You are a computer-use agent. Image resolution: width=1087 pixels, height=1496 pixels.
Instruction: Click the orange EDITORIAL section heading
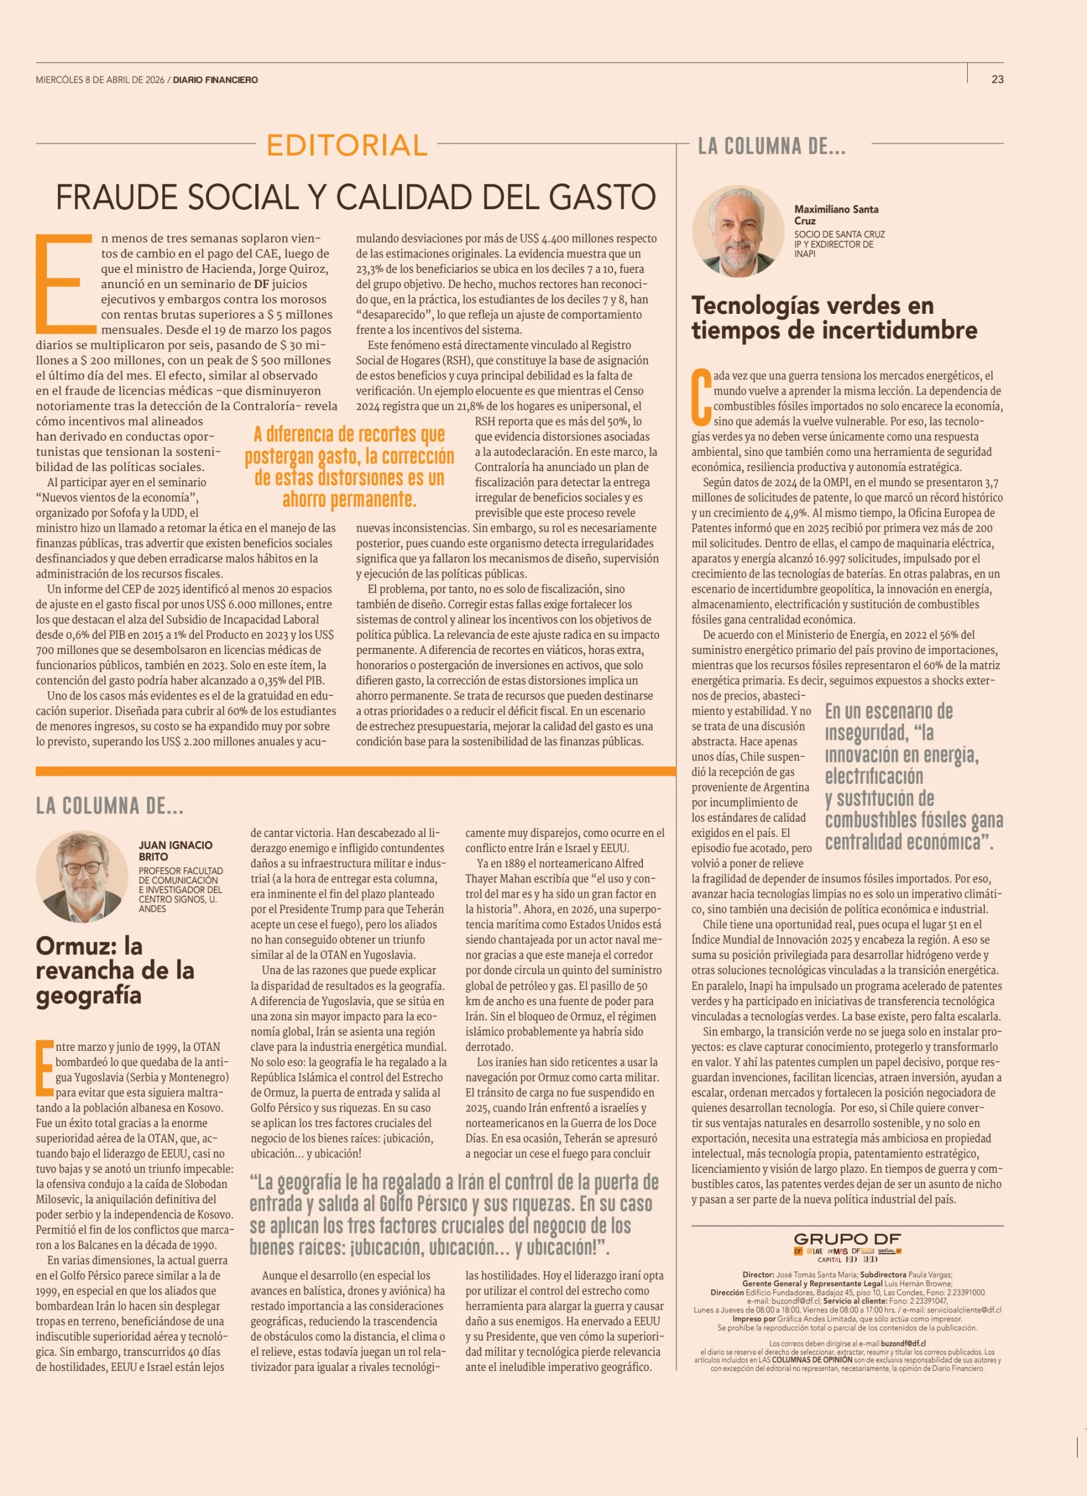tap(347, 145)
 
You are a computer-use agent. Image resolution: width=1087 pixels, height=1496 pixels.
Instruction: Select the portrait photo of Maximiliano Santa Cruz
tap(738, 231)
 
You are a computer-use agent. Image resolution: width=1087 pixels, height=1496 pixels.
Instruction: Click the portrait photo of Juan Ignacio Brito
tap(82, 876)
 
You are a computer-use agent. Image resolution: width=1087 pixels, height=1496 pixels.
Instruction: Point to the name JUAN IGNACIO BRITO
tap(175, 850)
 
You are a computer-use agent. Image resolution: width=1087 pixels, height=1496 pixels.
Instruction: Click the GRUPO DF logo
tap(847, 1239)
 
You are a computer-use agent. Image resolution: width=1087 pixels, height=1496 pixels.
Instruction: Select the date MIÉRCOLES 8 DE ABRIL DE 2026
tap(100, 80)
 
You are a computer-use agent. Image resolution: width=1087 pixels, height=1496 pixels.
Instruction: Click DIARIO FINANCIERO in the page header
tap(216, 80)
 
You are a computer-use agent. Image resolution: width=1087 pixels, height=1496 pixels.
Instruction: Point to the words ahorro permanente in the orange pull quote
tap(349, 499)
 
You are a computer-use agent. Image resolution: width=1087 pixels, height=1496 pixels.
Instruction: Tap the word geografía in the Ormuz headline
tap(88, 995)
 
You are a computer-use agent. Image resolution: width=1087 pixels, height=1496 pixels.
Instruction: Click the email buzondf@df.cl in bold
tap(903, 1343)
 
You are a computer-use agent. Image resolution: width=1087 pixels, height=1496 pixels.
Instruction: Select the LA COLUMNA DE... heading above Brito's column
tap(109, 805)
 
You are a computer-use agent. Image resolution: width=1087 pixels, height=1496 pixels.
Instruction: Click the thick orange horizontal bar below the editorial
tap(355, 770)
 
